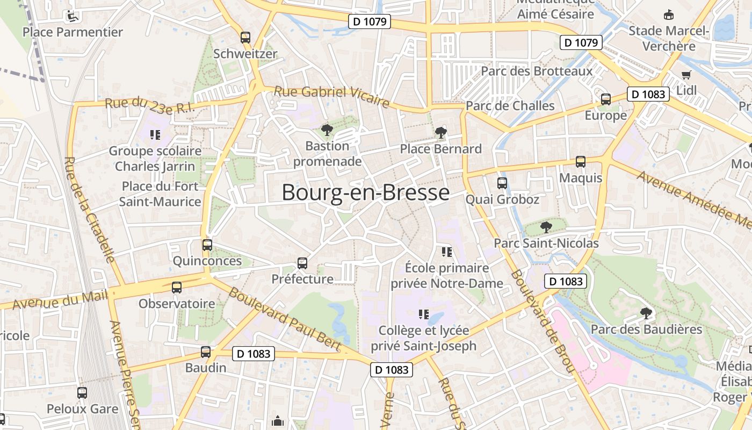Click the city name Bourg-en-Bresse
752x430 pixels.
[365, 192]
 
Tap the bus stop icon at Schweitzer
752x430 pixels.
[245, 38]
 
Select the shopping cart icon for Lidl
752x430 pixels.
[686, 75]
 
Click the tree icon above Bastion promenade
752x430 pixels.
[327, 130]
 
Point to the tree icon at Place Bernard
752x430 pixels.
[440, 132]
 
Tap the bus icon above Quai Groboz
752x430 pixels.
[502, 183]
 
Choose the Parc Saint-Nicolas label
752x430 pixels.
[546, 243]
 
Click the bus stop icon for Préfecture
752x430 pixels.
[302, 263]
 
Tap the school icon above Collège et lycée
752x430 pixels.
[424, 314]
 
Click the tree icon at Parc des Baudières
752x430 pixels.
[646, 313]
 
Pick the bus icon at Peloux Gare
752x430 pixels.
[82, 393]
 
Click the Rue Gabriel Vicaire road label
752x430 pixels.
[331, 96]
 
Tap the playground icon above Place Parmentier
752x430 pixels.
[71, 16]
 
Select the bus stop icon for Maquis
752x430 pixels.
[581, 161]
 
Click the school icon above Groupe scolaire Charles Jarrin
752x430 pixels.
[155, 134]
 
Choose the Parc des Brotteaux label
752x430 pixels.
[537, 71]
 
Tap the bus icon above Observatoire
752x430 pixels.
[177, 288]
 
